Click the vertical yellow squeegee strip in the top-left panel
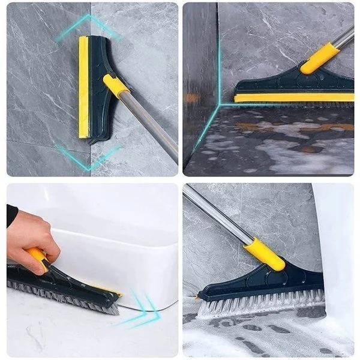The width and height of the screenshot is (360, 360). tap(83, 87)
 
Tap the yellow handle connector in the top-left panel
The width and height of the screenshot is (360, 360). tap(116, 85)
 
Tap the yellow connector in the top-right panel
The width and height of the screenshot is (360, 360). tap(319, 58)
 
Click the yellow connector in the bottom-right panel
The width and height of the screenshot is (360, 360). tap(264, 253)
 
